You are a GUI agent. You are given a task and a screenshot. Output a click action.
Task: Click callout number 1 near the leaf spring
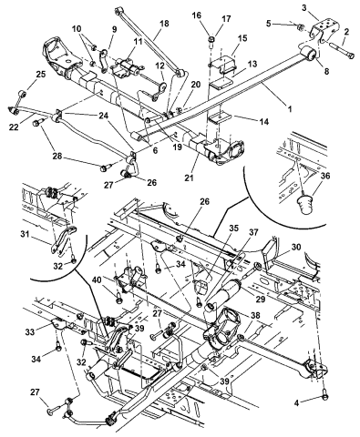(290, 108)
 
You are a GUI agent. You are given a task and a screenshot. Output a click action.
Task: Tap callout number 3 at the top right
(304, 8)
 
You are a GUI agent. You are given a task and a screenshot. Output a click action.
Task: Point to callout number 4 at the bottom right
(297, 402)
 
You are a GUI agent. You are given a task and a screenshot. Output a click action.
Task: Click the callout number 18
(164, 24)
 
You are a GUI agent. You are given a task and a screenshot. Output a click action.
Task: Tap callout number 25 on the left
(41, 74)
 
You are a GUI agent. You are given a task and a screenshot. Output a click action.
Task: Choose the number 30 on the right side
(295, 248)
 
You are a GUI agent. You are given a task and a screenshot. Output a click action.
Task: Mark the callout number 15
(242, 38)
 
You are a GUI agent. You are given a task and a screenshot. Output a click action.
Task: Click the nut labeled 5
(299, 27)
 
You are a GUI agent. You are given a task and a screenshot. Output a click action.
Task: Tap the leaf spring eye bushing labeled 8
(309, 54)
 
